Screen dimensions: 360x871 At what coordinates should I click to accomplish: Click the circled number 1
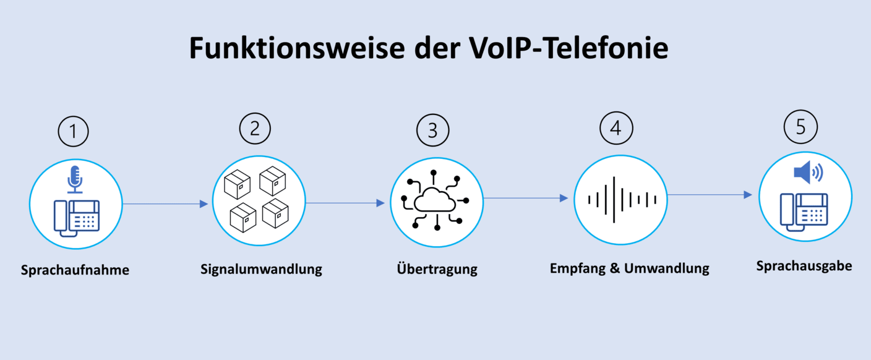click(x=74, y=132)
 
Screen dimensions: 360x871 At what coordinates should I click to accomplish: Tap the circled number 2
click(x=255, y=128)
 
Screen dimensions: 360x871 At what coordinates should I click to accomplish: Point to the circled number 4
click(x=616, y=128)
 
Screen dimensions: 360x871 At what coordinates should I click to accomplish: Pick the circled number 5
click(x=800, y=127)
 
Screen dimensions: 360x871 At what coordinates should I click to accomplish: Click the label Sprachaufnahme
click(x=75, y=270)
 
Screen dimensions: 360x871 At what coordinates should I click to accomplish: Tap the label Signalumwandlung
click(x=261, y=270)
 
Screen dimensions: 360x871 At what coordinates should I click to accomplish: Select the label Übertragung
click(x=437, y=270)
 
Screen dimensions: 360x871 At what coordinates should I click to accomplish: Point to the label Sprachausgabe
click(x=804, y=266)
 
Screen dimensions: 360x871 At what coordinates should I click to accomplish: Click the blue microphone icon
click(x=75, y=178)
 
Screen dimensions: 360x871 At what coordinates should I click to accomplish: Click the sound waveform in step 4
click(x=621, y=199)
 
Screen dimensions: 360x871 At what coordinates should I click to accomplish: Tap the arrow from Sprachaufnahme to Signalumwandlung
click(x=166, y=204)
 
